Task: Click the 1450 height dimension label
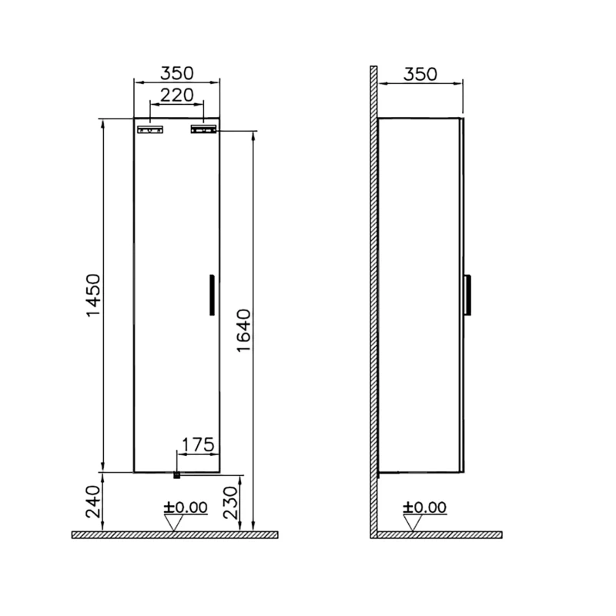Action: [x=93, y=295]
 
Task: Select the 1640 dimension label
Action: [x=243, y=331]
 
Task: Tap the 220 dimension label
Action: [x=177, y=95]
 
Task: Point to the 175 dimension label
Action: [x=198, y=445]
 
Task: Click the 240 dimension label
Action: [x=93, y=502]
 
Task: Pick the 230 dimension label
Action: [x=231, y=503]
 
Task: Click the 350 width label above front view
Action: [x=177, y=73]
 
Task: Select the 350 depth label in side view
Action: [x=420, y=74]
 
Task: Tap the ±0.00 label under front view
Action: [x=186, y=507]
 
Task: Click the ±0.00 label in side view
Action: [x=425, y=507]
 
